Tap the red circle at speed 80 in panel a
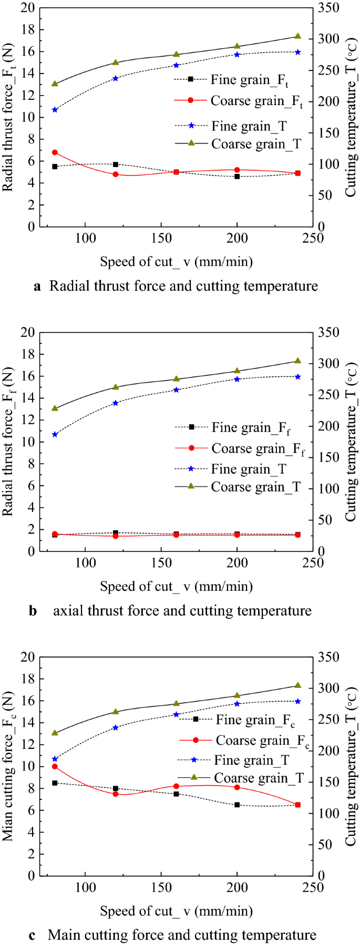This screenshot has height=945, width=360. click(55, 152)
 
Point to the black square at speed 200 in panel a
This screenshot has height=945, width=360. click(237, 177)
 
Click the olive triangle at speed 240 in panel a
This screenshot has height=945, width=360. click(298, 36)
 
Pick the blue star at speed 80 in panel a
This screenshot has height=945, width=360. click(55, 110)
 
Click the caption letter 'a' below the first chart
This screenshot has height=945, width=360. click(37, 286)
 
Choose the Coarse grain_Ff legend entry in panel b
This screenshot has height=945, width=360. click(257, 449)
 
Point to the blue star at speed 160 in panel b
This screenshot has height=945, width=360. click(177, 390)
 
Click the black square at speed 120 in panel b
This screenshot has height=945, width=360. click(116, 533)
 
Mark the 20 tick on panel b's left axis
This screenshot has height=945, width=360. click(27, 332)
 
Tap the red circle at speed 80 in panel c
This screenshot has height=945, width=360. click(55, 766)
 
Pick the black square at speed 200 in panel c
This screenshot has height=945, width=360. click(237, 805)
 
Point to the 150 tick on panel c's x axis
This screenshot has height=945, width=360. click(161, 888)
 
